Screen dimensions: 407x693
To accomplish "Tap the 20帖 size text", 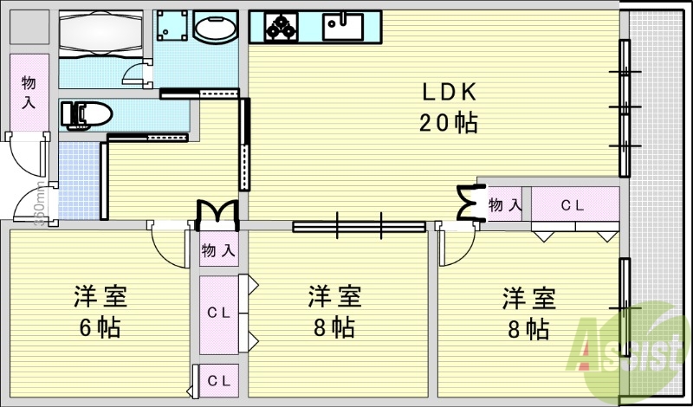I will tap(449, 123).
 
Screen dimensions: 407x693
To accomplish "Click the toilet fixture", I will tap(86, 114).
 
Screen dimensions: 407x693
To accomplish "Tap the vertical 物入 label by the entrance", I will tap(29, 93).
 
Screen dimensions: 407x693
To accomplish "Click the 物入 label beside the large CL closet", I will tap(504, 205).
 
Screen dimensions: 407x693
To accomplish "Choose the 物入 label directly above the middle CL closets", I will tap(218, 251).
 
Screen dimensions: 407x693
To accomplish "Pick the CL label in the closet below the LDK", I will tap(571, 206).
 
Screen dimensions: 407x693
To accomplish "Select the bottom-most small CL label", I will tap(218, 380).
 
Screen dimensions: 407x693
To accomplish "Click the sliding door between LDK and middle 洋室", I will tap(359, 227).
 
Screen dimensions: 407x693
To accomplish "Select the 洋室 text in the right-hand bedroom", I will tap(528, 299).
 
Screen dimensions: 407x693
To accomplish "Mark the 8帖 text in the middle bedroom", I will tap(333, 328).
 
